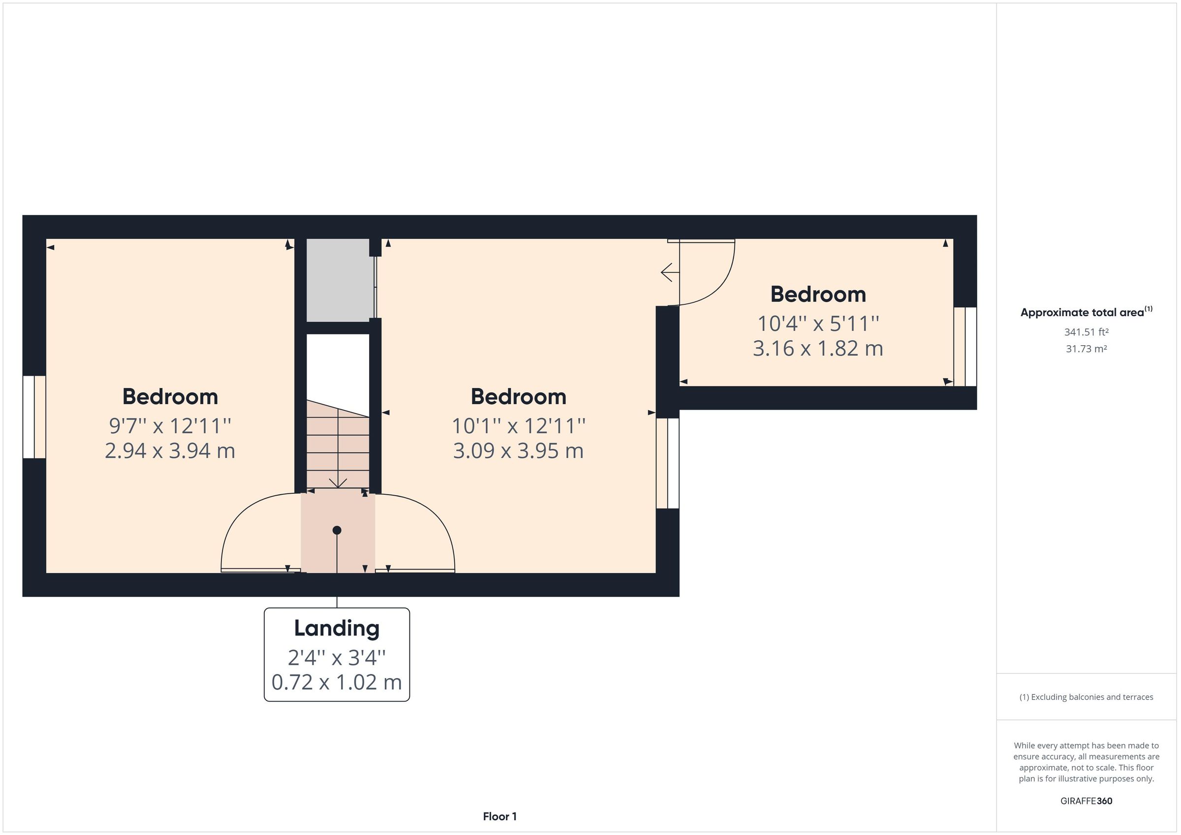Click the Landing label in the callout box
click(x=337, y=628)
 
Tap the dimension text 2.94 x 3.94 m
click(x=170, y=451)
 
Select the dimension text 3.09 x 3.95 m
click(x=518, y=451)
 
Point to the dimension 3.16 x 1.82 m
click(x=818, y=349)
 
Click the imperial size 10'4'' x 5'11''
click(x=818, y=324)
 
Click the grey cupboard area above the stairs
click(x=340, y=280)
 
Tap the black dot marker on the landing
click(x=337, y=530)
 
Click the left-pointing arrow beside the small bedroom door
click(x=667, y=272)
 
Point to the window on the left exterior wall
click(x=34, y=417)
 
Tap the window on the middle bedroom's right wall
click(x=668, y=463)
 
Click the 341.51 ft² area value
click(x=1086, y=332)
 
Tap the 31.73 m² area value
click(x=1086, y=349)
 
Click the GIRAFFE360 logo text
click(x=1086, y=801)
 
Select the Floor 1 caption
click(x=499, y=816)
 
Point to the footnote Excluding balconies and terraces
click(x=1086, y=697)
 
